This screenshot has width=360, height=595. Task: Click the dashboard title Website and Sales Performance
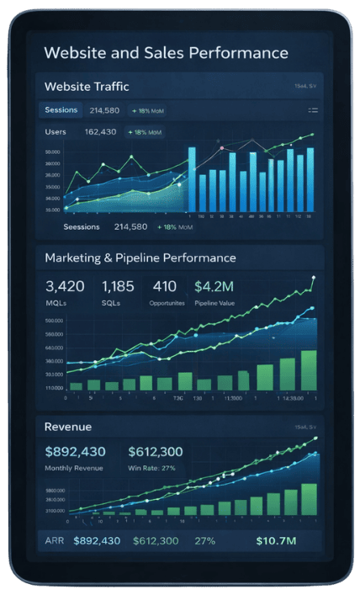tap(166, 53)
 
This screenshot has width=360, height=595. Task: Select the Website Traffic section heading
tap(87, 86)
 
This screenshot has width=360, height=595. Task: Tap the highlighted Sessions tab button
tap(61, 109)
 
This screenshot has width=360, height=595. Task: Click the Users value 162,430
tap(101, 131)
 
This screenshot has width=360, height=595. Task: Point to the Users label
tap(56, 131)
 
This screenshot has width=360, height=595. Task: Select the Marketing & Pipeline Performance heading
tap(140, 258)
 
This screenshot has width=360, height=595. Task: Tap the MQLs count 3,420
tap(66, 287)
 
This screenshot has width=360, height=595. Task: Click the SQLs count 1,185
tap(117, 287)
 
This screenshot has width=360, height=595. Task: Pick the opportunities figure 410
tap(165, 287)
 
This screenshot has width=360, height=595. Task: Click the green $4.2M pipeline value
tap(216, 287)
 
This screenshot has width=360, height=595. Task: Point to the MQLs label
tap(56, 302)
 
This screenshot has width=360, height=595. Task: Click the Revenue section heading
tap(68, 427)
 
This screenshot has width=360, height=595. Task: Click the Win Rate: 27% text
tap(151, 468)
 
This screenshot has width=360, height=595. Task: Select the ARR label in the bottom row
tap(54, 540)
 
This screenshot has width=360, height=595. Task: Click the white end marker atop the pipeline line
tap(313, 277)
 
